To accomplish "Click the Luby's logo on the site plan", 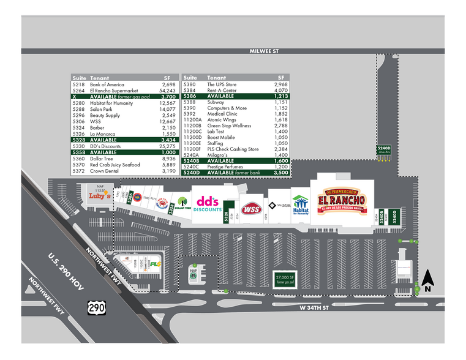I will (100, 196).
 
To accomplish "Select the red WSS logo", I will (250, 209).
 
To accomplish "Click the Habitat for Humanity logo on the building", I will (300, 206).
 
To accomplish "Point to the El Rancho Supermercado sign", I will (342, 200).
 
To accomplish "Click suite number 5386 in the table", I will (190, 96).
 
